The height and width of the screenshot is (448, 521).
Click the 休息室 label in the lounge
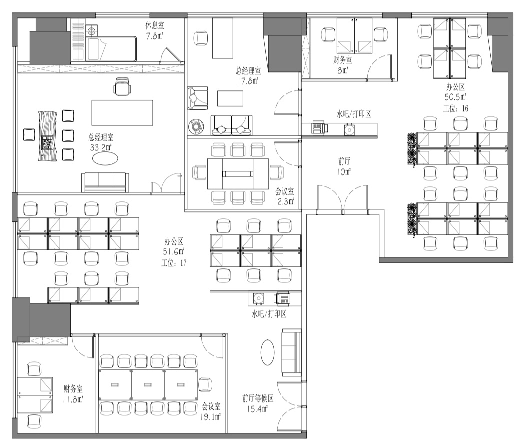154,25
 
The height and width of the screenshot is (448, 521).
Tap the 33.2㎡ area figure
101,147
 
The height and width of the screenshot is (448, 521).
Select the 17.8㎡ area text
248,81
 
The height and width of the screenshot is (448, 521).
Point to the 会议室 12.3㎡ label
284,196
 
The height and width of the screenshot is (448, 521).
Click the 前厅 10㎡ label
344,166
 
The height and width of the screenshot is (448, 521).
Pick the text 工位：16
455,108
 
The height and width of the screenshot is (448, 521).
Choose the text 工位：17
174,263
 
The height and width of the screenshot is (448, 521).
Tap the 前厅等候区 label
258,398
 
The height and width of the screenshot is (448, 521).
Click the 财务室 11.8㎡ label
73,394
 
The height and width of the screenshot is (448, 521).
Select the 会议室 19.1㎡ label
211,411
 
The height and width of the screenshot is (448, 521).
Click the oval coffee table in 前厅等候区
267,352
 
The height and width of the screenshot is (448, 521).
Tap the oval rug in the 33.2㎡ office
105,158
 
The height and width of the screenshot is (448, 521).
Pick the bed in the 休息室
112,49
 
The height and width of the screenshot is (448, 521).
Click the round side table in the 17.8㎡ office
196,126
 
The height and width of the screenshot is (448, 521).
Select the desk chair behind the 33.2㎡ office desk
122,86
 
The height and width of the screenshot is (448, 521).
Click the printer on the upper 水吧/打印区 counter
320,128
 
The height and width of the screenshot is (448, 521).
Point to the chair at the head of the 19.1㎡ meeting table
205,385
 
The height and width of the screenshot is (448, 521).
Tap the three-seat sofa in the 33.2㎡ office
105,182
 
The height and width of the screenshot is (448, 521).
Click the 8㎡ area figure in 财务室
343,70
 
